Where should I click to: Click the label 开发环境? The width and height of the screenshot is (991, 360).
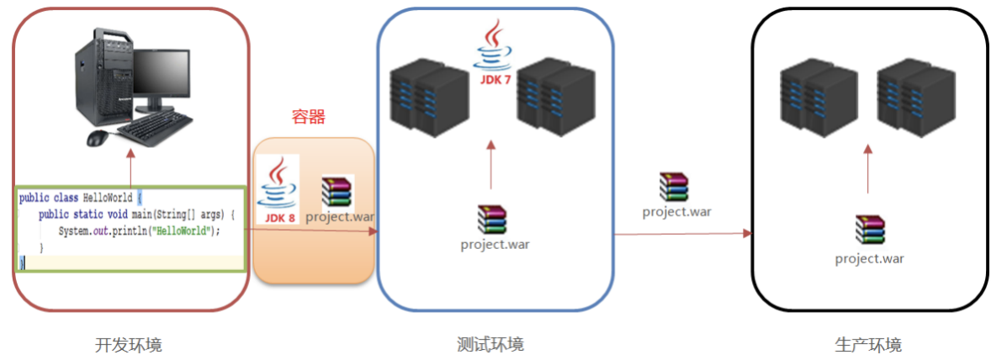point(129,345)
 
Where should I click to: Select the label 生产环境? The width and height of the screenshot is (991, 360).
point(868,345)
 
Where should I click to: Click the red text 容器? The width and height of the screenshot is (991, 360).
point(308,117)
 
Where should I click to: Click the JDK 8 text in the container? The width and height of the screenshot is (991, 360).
point(280,218)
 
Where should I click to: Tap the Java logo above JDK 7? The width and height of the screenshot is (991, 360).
point(494,45)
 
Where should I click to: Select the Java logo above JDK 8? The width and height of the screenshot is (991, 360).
point(280,183)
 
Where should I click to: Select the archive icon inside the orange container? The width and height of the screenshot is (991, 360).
point(337,191)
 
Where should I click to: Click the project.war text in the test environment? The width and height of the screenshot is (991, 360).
point(495,245)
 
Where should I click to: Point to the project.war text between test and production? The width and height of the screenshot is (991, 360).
point(676,211)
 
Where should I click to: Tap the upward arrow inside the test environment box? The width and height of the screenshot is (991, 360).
point(492,165)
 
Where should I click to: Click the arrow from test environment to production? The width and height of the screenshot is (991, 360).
point(681,234)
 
